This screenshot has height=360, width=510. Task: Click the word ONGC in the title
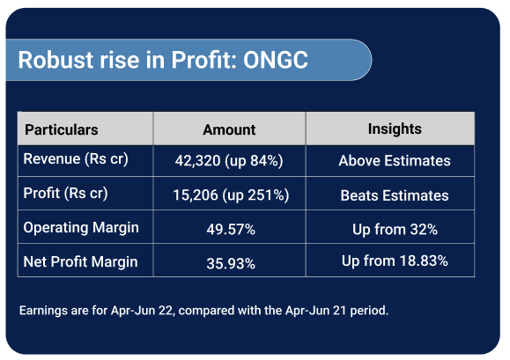[276, 60]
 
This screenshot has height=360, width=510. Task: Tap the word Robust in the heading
[56, 60]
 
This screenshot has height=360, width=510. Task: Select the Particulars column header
[62, 129]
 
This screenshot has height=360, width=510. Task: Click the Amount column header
[229, 129]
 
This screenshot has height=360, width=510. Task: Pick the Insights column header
[395, 129]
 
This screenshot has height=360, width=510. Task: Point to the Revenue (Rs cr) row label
[76, 159]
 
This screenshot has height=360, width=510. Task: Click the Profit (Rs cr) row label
[65, 194]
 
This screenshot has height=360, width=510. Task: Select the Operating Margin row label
[81, 228]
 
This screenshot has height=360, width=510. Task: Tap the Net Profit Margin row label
[81, 262]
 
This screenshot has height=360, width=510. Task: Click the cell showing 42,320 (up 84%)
[229, 161]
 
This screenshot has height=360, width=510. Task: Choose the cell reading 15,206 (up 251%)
[231, 195]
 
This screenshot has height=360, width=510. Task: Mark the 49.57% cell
[231, 230]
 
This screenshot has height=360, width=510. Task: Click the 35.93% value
[231, 263]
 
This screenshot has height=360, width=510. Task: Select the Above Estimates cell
[395, 161]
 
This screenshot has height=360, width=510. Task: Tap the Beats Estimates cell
[395, 195]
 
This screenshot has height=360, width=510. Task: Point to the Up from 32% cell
[395, 230]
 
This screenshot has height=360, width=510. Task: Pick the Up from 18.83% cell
[395, 261]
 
